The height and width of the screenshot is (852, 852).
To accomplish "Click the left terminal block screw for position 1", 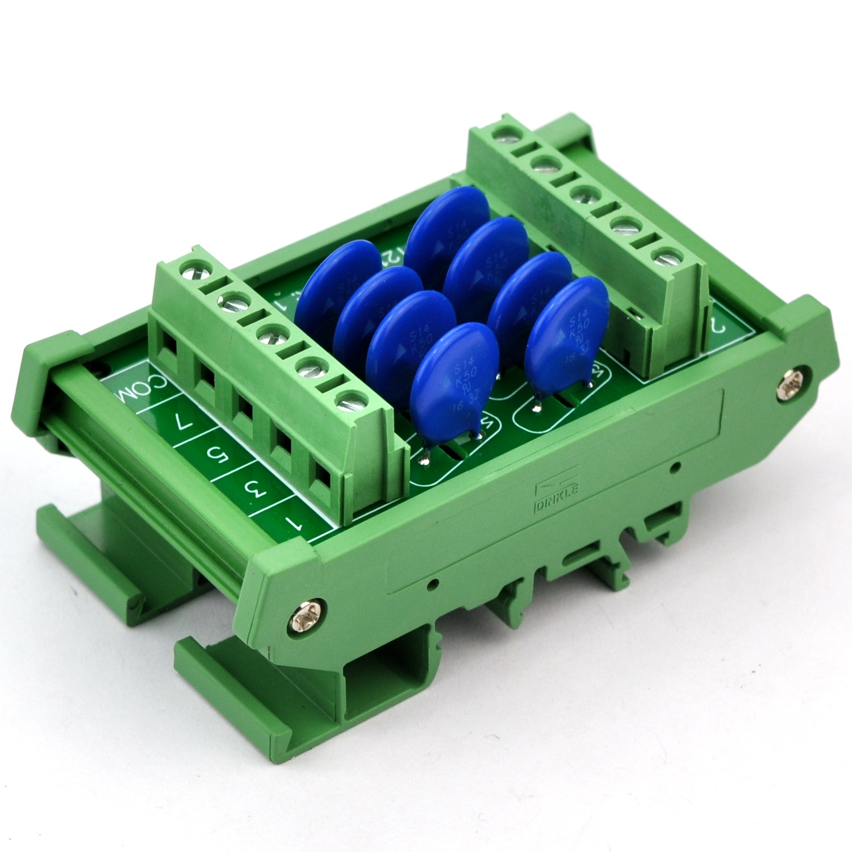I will (349, 401).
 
